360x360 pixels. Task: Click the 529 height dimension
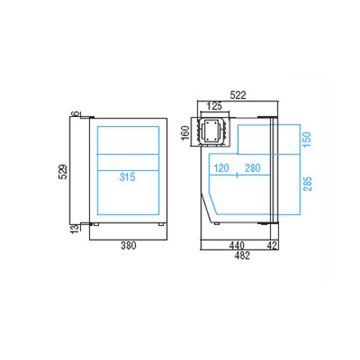[63, 172]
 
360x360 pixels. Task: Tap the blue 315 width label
[127, 177]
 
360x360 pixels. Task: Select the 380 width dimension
[128, 245]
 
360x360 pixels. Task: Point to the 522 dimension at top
[238, 95]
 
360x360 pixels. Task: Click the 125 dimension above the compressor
[214, 106]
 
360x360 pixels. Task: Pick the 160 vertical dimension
[185, 133]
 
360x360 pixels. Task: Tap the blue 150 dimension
[307, 139]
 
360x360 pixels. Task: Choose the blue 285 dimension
[307, 184]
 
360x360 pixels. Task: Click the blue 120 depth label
[221, 168]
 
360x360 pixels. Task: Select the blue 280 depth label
[253, 168]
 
